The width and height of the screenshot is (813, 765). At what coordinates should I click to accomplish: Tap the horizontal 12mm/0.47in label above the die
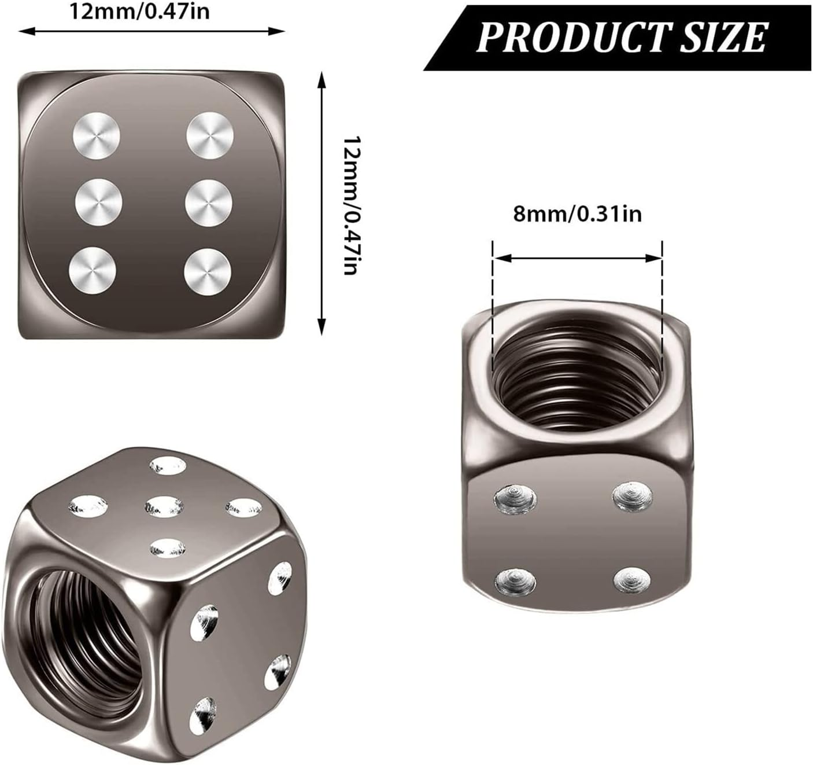139,12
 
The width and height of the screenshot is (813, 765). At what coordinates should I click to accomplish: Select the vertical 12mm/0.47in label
352,205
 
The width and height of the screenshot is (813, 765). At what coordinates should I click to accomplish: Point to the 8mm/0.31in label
577,214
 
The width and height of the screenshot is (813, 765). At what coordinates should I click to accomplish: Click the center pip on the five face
164,506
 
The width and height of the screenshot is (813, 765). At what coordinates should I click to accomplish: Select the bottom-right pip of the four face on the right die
633,579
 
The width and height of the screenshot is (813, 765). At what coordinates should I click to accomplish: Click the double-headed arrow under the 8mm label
577,258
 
